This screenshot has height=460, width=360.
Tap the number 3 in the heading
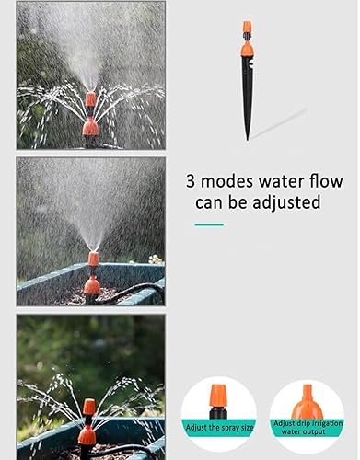[192, 181]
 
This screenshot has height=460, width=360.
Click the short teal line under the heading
[209, 224]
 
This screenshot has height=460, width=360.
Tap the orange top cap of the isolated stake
[247, 28]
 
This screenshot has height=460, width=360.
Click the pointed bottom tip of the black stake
[247, 137]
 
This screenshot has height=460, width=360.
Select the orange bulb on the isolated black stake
[247, 49]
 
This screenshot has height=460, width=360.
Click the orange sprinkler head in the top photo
[90, 115]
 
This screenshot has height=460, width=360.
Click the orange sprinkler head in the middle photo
[93, 271]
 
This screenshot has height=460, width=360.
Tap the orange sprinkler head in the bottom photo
[87, 422]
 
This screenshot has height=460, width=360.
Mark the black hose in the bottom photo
[129, 450]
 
